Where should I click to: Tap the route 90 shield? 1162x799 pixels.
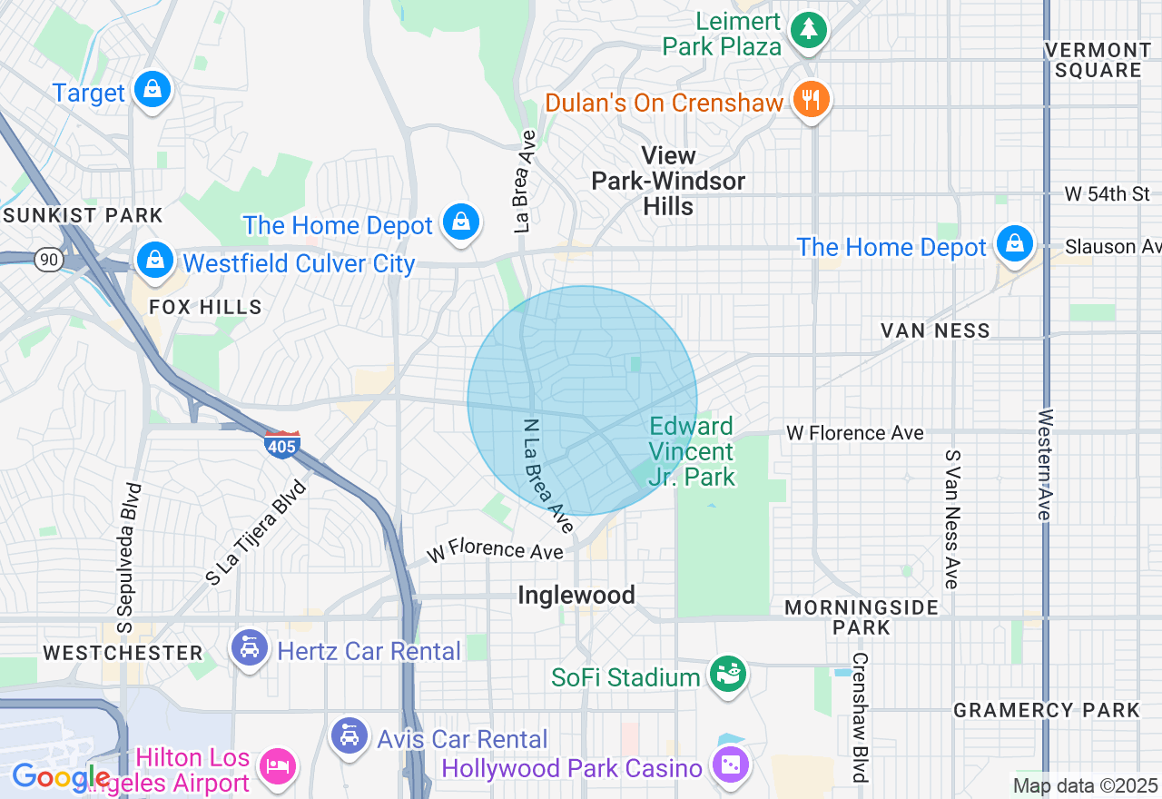coord(49,260)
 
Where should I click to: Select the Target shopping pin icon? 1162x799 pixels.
coord(153,91)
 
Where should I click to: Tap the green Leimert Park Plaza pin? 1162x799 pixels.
coord(805,29)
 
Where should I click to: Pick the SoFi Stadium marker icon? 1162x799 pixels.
coord(727,675)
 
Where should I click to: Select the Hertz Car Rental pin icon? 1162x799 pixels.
coord(249,648)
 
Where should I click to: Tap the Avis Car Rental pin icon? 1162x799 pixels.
coord(349,736)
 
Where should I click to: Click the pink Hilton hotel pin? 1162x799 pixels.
coord(277,766)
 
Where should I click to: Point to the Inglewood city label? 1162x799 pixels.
coord(576,596)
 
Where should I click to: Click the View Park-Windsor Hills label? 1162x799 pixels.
coord(668,182)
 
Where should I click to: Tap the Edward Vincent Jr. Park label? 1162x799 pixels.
coord(692,451)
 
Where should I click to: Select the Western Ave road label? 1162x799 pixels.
coord(1046,465)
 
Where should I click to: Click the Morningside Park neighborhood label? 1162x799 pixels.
coord(861,617)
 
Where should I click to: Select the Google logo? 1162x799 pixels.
coord(62,777)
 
